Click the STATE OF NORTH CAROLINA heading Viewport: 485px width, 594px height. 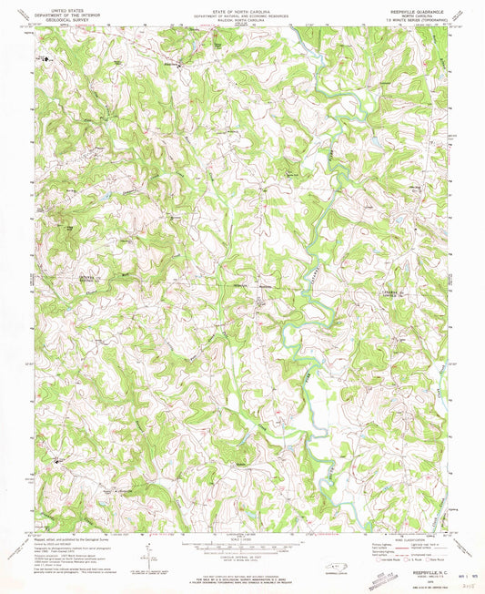(x=241, y=6)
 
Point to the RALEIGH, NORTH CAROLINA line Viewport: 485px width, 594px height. (x=241, y=17)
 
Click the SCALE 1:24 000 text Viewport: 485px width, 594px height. (x=241, y=537)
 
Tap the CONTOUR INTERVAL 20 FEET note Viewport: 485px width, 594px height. (x=241, y=556)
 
